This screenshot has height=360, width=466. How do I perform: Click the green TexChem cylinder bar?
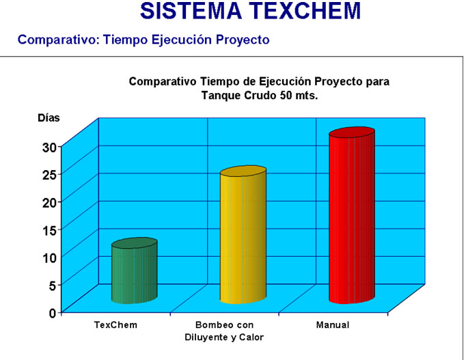click(135, 271)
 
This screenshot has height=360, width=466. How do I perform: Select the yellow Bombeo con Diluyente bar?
click(243, 235)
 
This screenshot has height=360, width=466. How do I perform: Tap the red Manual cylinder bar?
click(352, 215)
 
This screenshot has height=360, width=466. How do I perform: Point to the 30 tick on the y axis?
click(49, 148)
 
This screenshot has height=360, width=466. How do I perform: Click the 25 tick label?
click(49, 175)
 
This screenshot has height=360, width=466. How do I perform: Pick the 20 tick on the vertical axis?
click(49, 203)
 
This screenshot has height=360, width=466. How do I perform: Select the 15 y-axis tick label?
click(49, 230)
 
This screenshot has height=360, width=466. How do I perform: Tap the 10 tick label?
click(49, 258)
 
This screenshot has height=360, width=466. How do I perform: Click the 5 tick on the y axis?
click(53, 286)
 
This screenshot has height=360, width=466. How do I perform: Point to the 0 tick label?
click(53, 313)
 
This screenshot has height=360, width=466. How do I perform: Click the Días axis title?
click(49, 118)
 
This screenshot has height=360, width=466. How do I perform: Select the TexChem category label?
click(115, 325)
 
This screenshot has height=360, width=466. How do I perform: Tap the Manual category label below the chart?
click(333, 325)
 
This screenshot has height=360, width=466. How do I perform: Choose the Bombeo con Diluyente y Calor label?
click(224, 331)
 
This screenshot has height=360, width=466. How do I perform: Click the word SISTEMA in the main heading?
click(191, 11)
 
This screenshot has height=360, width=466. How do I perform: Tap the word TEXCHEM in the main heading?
click(305, 11)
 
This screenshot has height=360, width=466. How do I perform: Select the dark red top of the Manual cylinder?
click(352, 132)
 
